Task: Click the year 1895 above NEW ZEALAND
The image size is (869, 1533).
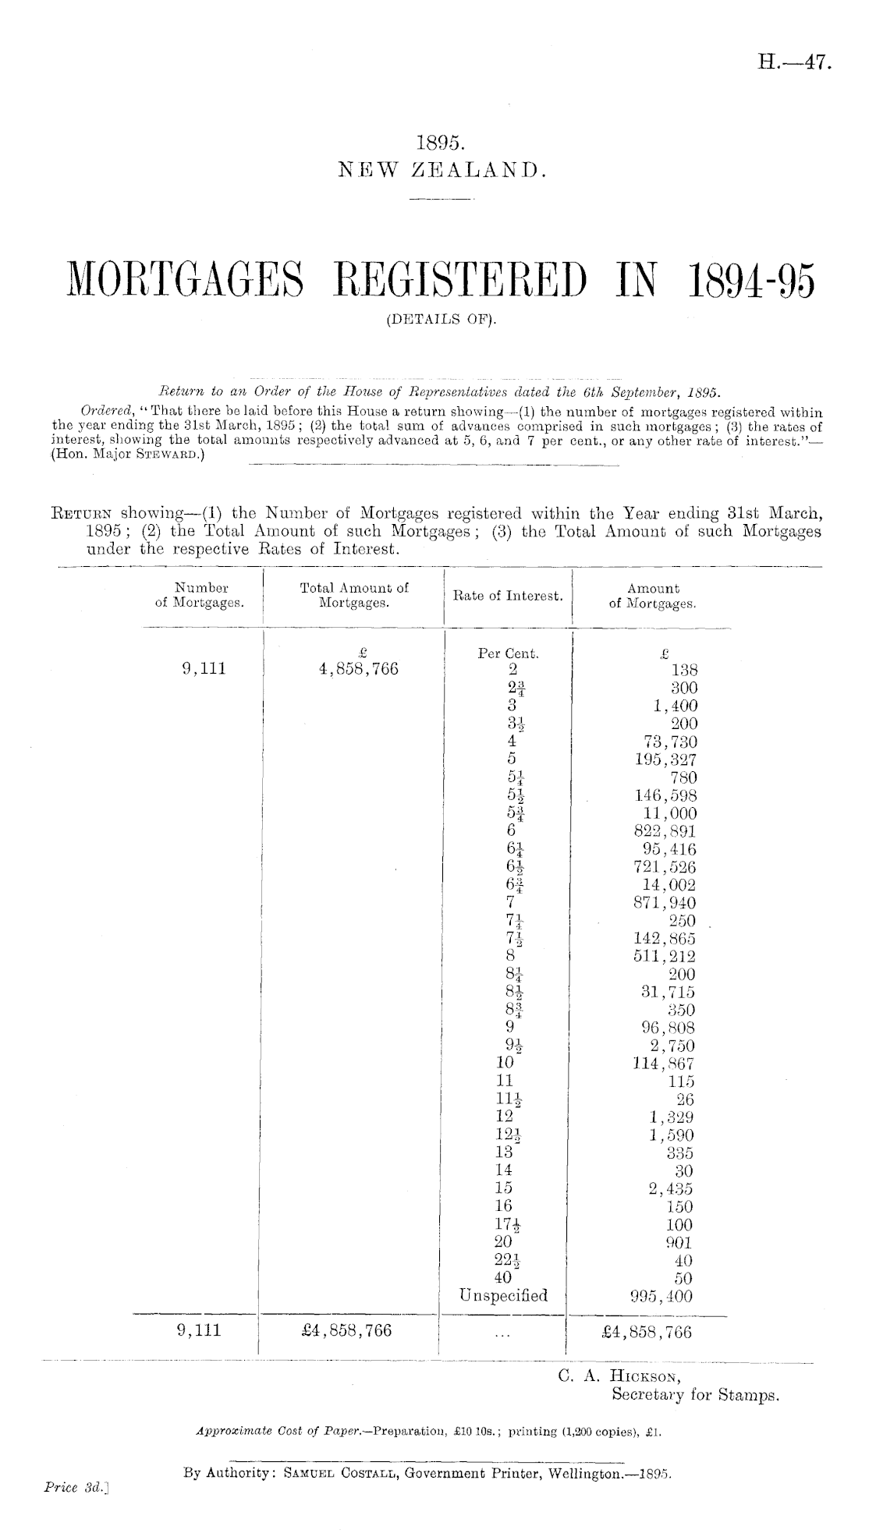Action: [442, 143]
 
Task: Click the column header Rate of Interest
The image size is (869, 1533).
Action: [508, 597]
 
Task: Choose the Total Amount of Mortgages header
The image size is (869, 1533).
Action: [354, 595]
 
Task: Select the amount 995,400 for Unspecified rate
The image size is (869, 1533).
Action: [662, 1296]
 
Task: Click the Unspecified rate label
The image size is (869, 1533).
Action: [505, 1296]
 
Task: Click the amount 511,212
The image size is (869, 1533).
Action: [665, 956]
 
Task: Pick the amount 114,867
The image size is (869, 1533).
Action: [664, 1064]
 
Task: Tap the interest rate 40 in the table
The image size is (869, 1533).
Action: [503, 1278]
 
